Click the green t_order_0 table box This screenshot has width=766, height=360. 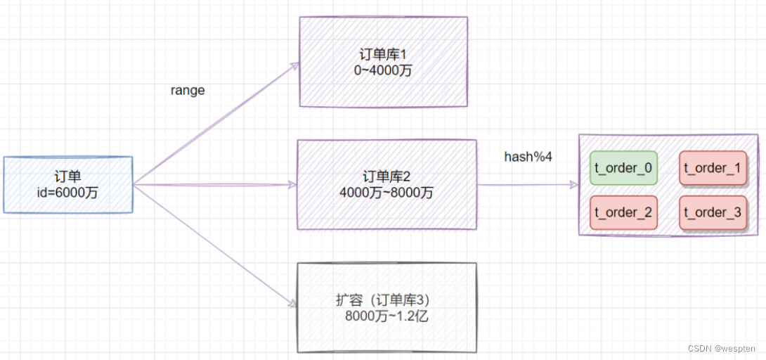point(623,168)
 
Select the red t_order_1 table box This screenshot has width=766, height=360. point(713,168)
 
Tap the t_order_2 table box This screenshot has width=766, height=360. point(623,212)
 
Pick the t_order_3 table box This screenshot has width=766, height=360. point(713,212)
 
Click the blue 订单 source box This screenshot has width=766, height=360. point(67,184)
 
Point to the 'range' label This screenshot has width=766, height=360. point(188,91)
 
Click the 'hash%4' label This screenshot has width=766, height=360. point(528,157)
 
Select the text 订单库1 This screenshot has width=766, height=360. point(384,55)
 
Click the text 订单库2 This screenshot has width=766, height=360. point(388,176)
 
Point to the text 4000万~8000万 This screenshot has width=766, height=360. point(388,192)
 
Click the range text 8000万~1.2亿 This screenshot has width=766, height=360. point(387,316)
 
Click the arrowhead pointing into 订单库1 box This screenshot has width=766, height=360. point(294,65)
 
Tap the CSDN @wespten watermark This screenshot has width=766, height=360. point(721,348)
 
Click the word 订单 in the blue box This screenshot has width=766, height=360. point(67,176)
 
